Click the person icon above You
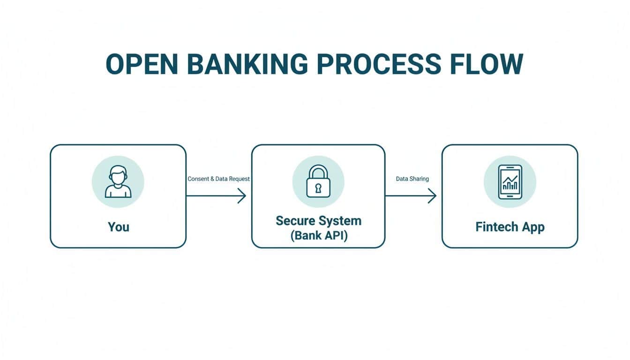[x=118, y=182]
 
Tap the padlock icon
[x=318, y=181]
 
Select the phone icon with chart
[x=510, y=182]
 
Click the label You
[x=118, y=227]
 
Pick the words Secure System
[x=318, y=221]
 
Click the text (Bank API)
[x=318, y=235]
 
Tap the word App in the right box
[x=533, y=227]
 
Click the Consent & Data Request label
[x=218, y=179]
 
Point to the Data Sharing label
[x=412, y=179]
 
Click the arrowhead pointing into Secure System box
[x=243, y=195]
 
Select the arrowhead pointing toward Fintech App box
[x=433, y=195]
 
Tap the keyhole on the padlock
[x=318, y=188]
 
